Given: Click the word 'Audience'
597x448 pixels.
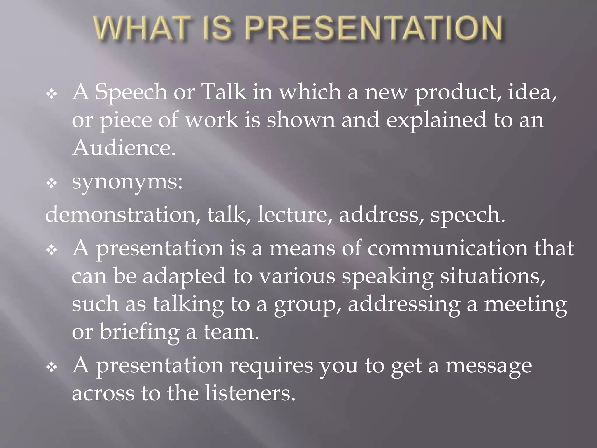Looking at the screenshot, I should coord(124,148).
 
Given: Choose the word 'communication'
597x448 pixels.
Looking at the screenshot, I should coord(447,249).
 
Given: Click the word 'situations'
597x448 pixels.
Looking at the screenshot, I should coord(492,276).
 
